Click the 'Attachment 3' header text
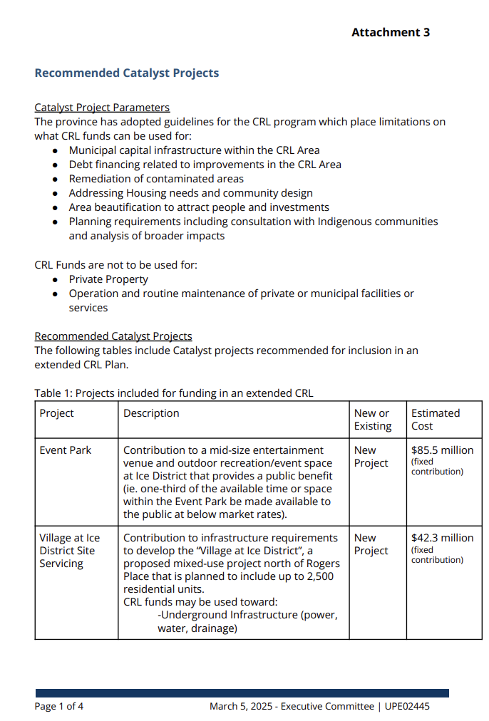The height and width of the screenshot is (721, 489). tap(390, 32)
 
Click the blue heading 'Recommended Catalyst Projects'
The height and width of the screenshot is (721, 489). tap(126, 73)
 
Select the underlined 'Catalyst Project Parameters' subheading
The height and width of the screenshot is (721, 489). tap(102, 108)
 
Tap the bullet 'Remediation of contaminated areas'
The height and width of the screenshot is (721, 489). tap(156, 179)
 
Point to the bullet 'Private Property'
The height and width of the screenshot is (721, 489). tap(108, 279)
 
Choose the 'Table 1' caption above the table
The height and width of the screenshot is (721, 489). tap(173, 393)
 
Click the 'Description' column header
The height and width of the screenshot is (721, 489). tap(151, 413)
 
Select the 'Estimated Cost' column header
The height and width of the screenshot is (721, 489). tap(436, 420)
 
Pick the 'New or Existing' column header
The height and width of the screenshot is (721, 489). tap(373, 420)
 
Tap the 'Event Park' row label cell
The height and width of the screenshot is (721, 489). tap(66, 450)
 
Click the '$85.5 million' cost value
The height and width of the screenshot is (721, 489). tap(442, 450)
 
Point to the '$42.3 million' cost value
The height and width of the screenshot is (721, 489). tap(442, 538)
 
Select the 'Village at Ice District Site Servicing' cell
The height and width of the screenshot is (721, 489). tap(69, 551)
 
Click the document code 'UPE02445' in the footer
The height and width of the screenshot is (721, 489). tap(407, 707)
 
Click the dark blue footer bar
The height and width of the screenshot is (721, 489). tap(242, 693)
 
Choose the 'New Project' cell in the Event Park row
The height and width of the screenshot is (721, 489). tap(371, 457)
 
